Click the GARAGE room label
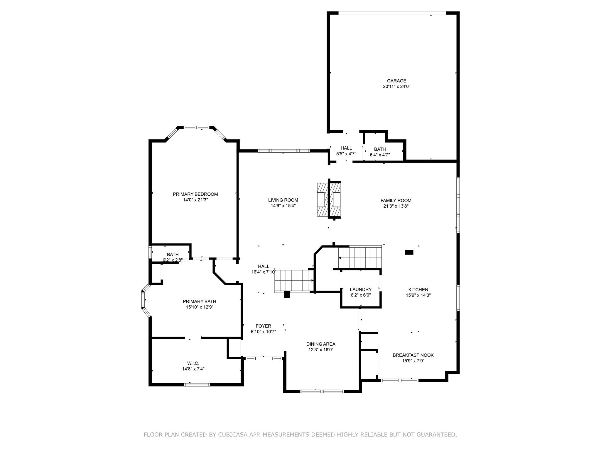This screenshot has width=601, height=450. (396, 81)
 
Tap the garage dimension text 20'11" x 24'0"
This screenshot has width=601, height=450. (396, 86)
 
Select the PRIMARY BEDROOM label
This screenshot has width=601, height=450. (195, 194)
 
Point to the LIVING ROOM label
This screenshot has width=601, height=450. (283, 200)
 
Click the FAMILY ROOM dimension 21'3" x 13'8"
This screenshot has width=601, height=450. (396, 206)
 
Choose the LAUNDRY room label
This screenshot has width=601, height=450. (361, 289)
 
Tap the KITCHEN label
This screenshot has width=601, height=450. (418, 289)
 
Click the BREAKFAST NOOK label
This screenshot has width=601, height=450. (413, 355)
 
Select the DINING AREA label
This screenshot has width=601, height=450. (321, 344)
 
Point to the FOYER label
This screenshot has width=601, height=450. (263, 326)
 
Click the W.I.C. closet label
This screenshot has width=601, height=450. (193, 363)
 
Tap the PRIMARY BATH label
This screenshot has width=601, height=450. (199, 301)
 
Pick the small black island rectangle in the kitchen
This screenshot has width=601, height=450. (409, 252)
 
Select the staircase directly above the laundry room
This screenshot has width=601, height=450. (360, 257)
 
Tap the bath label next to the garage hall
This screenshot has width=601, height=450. (380, 149)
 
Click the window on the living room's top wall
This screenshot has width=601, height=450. (283, 151)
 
